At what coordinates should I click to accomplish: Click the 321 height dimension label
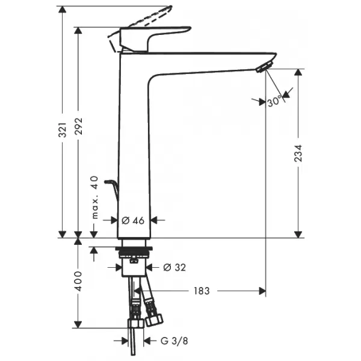[63, 130]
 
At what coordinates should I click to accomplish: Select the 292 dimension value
[78, 126]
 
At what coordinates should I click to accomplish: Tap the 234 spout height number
[298, 153]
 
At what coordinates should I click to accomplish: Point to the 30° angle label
[274, 100]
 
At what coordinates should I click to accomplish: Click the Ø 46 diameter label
[133, 221]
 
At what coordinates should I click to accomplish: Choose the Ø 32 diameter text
[174, 267]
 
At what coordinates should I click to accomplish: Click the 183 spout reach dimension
[202, 291]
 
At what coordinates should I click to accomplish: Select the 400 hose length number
[78, 281]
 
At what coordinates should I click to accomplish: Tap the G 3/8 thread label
[174, 341]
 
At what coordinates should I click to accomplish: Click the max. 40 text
[94, 197]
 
